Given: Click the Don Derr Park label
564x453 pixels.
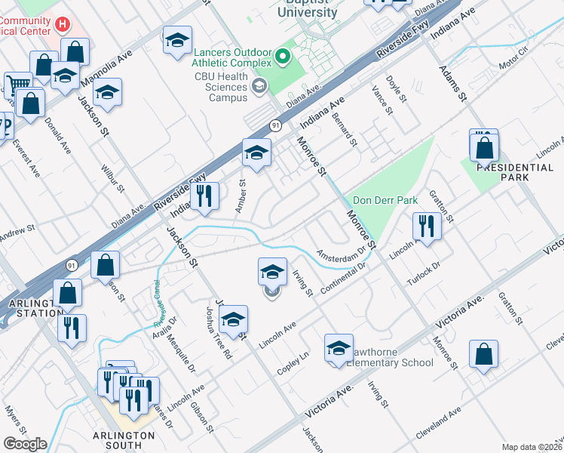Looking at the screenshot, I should pyautogui.click(x=385, y=202).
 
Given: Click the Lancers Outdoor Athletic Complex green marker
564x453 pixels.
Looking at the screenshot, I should pyautogui.click(x=283, y=55).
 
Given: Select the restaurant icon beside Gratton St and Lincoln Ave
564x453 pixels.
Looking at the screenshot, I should pyautogui.click(x=427, y=226).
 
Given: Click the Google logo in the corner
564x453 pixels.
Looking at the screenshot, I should pyautogui.click(x=25, y=444).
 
